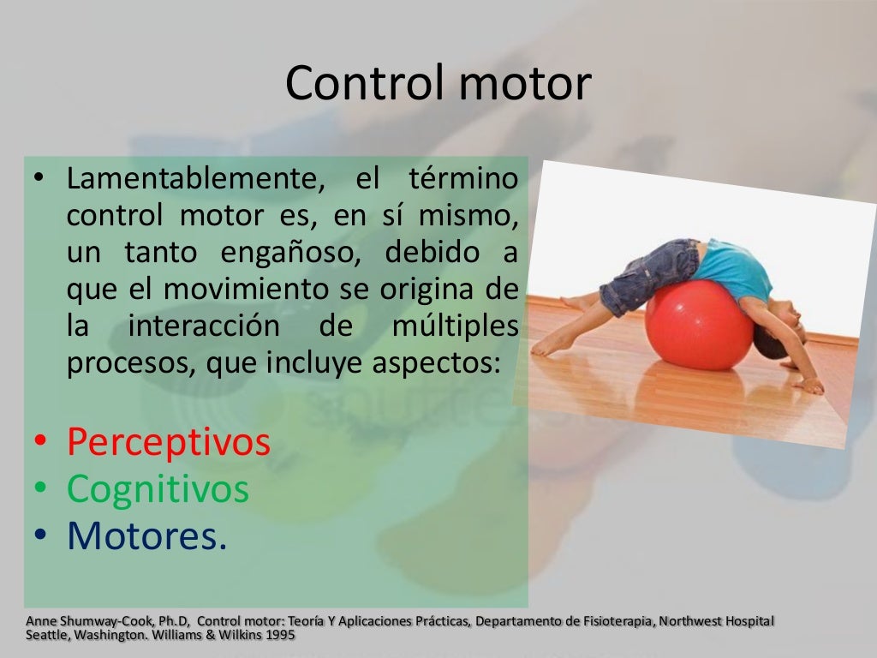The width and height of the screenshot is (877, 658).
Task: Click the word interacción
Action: (x=204, y=327)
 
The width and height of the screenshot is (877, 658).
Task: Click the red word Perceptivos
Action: (x=169, y=442)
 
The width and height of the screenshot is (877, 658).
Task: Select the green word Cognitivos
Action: (x=158, y=489)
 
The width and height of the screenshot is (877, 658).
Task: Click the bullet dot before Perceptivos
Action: (x=40, y=443)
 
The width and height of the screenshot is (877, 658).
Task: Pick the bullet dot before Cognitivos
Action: (x=40, y=490)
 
